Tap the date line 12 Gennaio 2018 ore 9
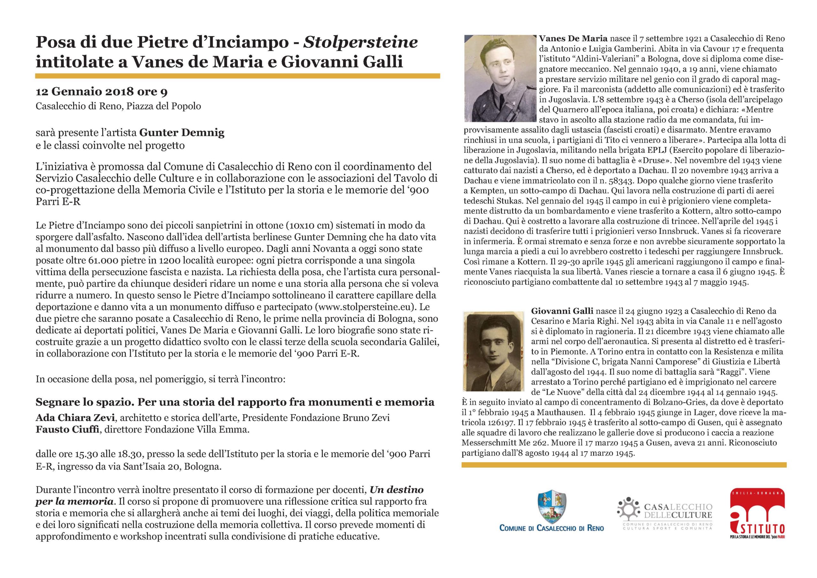coord(101,92)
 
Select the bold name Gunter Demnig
coord(182,133)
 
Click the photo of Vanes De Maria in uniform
coord(500,78)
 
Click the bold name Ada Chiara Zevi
coord(72,417)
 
